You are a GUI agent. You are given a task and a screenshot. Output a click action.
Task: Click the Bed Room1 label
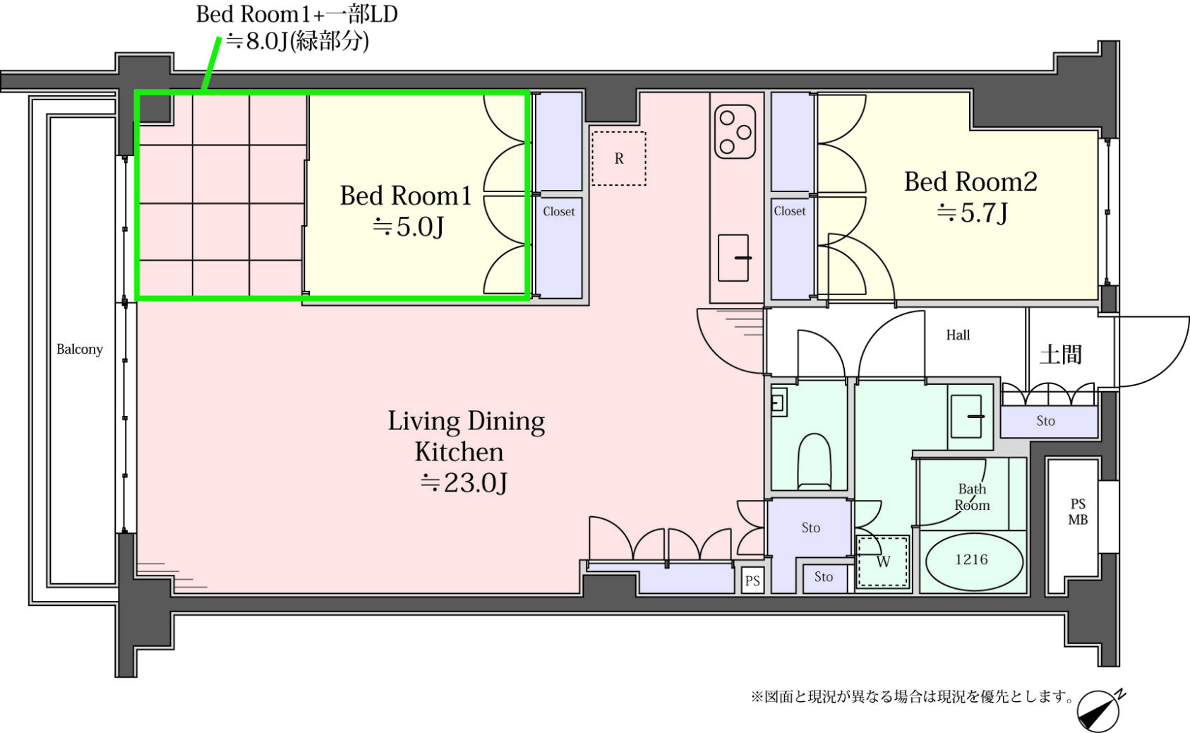coord(405,196)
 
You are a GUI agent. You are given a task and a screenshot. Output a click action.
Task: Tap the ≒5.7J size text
coord(972,213)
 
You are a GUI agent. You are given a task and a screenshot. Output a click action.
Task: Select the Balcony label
coord(80,350)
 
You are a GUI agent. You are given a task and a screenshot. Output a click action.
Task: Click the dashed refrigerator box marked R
coord(619,158)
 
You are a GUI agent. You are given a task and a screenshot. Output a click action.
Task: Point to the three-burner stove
coord(735,132)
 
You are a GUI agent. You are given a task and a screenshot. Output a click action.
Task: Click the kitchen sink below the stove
coord(733,258)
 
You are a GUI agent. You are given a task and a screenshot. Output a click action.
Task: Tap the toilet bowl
coord(815,461)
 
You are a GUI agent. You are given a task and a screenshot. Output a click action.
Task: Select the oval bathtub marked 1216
coord(974,560)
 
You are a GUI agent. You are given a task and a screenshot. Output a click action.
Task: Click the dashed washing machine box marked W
coord(883,561)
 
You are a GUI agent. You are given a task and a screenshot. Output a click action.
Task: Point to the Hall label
coord(958,335)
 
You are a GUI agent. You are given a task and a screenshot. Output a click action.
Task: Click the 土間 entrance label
coord(1060,354)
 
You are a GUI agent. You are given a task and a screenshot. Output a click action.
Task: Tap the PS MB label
coord(1078,511)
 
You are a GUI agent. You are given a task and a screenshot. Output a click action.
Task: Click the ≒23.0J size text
coord(464,482)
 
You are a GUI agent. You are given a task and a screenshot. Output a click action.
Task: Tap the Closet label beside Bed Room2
coord(789,211)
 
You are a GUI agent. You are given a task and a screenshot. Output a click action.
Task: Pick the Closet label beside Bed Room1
coord(559,212)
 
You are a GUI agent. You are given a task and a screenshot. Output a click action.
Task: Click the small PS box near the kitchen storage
coord(752,580)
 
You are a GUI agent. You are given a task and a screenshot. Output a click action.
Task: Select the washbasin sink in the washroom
coord(966,416)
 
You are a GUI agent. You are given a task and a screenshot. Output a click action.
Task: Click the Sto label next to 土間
coord(1045,421)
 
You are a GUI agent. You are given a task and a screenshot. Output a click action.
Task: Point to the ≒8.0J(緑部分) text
coord(298,41)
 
